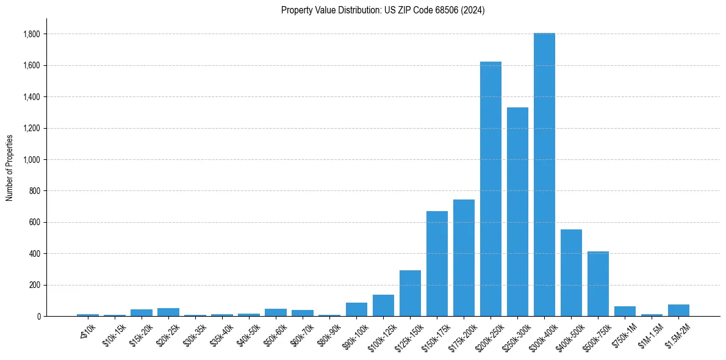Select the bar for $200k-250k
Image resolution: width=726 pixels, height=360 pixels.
click(x=491, y=189)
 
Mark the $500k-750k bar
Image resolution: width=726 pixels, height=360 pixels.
click(x=598, y=284)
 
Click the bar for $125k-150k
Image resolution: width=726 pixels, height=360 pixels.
click(x=410, y=293)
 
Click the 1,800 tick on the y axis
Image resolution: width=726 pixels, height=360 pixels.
click(x=32, y=34)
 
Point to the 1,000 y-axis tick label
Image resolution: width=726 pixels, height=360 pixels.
click(x=32, y=160)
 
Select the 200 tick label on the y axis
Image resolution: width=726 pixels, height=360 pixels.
click(x=35, y=285)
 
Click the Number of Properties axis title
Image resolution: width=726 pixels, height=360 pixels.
click(x=9, y=167)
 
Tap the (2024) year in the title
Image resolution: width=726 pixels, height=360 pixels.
click(x=473, y=10)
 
